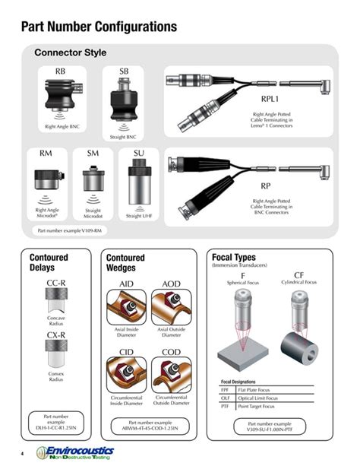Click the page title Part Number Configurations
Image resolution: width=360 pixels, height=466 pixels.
[99, 27]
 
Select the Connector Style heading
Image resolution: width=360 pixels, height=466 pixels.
[71, 53]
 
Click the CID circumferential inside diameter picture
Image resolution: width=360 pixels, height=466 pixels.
[128, 373]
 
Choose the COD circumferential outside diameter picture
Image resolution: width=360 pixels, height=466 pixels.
[171, 373]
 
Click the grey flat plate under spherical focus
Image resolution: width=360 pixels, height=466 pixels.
[242, 355]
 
